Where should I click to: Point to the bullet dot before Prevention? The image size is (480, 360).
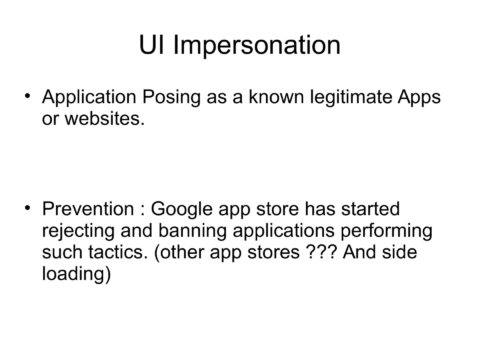(27, 208)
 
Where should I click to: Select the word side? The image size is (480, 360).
(399, 253)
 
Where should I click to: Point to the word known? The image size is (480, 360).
(277, 97)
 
